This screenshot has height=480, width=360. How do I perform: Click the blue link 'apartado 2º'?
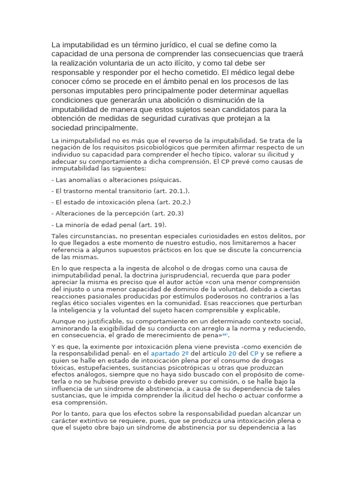coord(170,353)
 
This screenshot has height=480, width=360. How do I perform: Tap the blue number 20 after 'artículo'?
coord(232,353)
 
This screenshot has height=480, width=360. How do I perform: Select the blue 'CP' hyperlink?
coord(255,353)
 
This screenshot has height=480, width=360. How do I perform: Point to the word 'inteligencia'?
coord(82,310)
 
